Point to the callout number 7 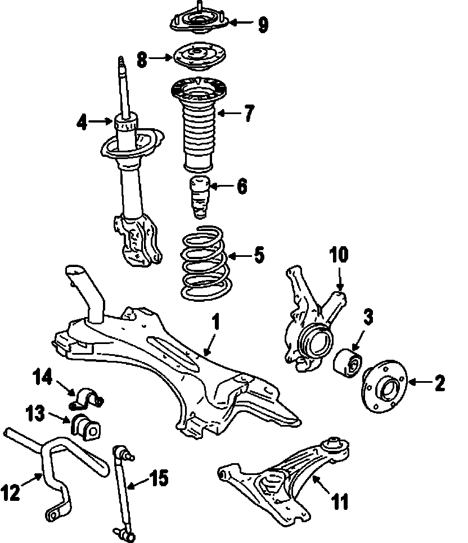(248, 113)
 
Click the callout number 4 (83, 121)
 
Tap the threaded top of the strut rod (121, 66)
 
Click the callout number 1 (215, 323)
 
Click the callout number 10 (339, 256)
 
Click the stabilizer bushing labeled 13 (85, 426)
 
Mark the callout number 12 (12, 493)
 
